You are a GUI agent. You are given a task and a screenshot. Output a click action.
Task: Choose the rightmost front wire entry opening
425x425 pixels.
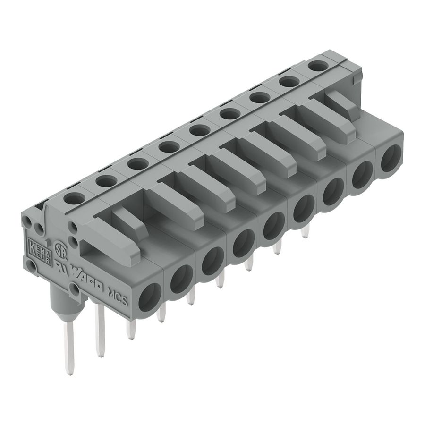391,159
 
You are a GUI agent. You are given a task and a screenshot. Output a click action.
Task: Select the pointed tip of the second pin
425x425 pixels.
100,354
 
